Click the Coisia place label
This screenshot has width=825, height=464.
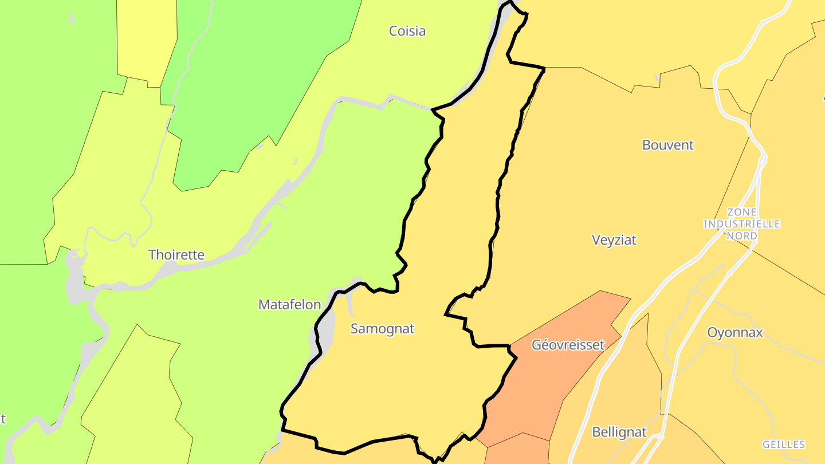407,31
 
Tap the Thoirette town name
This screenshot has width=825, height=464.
176,255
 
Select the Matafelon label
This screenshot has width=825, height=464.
289,305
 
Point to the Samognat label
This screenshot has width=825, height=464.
382,329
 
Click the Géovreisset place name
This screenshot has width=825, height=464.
568,345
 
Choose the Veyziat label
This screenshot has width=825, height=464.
614,240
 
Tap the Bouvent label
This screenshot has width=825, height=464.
667,145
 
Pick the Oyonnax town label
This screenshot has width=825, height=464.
735,332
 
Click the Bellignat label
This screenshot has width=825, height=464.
619,432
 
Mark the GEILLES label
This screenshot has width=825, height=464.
783,445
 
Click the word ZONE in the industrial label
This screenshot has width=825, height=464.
741,213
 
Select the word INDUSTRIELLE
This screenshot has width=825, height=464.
742,224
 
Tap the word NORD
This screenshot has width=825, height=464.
742,235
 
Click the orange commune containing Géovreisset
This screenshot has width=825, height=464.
550,378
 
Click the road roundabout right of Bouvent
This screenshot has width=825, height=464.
763,159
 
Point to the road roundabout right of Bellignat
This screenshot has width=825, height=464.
660,437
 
